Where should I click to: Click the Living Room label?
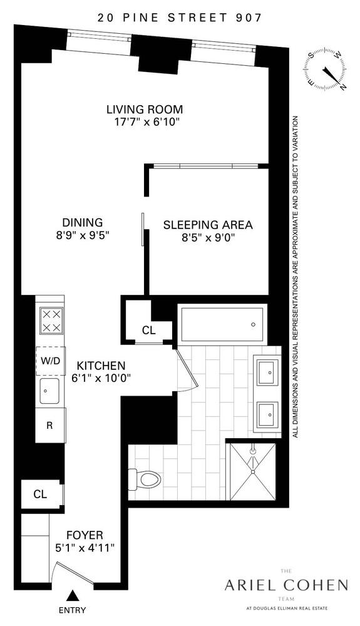point(144,110)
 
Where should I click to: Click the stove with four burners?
point(50,321)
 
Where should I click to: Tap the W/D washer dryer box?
point(50,361)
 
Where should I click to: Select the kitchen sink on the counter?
point(50,392)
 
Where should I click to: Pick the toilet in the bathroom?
point(145,480)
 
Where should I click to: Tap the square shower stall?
point(252,470)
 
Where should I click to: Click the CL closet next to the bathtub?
point(148,330)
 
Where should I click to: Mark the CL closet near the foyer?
point(41,494)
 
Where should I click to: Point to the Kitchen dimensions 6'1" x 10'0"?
point(100,378)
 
